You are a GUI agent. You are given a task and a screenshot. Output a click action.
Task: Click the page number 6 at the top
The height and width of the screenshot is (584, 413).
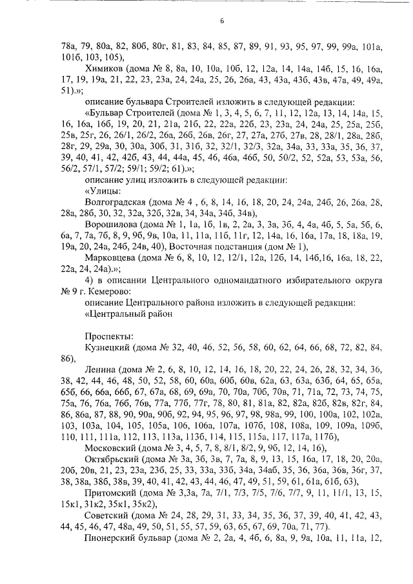pos(221,21)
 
